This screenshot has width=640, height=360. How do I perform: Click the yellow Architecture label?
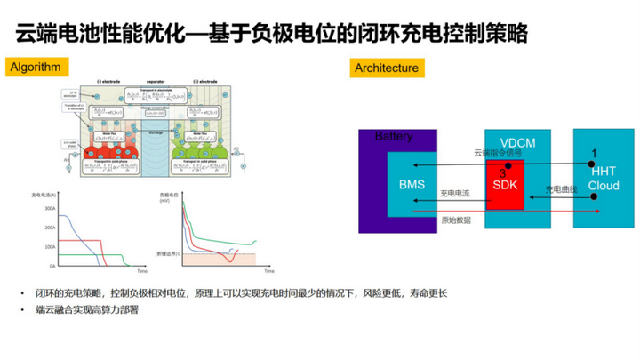[x=388, y=68]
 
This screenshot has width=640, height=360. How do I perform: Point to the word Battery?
[x=395, y=137]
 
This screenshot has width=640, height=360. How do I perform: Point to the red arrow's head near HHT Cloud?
[x=598, y=212]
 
